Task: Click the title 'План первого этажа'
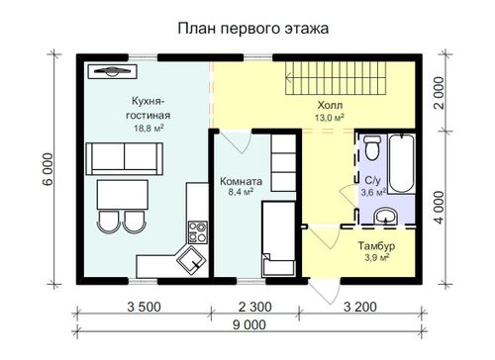[x=253, y=29]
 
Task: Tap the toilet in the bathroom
[x=372, y=147]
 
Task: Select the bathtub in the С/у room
[x=401, y=164]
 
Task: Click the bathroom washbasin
[x=385, y=216]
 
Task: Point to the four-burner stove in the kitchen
[x=198, y=232]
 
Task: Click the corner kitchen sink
[x=191, y=260]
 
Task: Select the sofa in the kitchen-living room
[x=125, y=158]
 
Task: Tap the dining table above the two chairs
[x=122, y=195]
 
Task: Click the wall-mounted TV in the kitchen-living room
[x=113, y=71]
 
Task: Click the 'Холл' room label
[x=330, y=106]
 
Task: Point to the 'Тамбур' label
[x=376, y=246]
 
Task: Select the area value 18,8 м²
[x=148, y=129]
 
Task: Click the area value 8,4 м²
[x=241, y=192]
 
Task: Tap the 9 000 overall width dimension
[x=249, y=325]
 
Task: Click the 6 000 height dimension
[x=48, y=170]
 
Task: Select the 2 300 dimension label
[x=255, y=307]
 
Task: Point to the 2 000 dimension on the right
[x=440, y=93]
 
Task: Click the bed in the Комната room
[x=278, y=238]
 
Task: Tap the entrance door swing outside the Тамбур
[x=325, y=292]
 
